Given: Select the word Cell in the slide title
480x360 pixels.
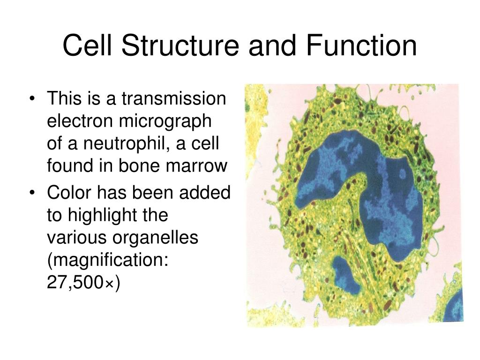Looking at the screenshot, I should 86,46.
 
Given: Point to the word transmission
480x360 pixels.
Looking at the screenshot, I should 174,99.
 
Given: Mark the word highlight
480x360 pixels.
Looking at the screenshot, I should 118,215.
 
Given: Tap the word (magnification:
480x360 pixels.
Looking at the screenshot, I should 107,260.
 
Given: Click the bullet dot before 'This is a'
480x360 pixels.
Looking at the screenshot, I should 32,100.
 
